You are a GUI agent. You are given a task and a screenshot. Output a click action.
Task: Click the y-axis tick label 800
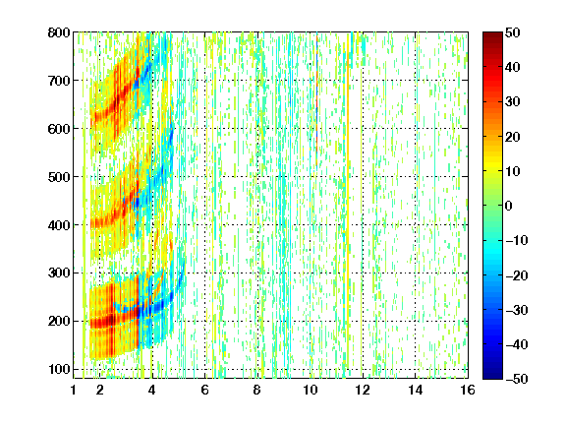(x=59, y=32)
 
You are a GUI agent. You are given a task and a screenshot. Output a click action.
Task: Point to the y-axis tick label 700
(x=59, y=81)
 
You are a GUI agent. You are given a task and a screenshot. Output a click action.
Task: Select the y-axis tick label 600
(x=59, y=129)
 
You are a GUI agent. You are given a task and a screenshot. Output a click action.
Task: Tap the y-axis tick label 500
(x=59, y=177)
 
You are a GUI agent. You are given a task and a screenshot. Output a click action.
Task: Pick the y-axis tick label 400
(x=59, y=225)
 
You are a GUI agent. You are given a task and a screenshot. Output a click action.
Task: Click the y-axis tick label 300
(x=59, y=273)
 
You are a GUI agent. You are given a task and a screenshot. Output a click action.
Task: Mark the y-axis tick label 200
(x=59, y=321)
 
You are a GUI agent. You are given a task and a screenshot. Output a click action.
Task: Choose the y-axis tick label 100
(x=59, y=369)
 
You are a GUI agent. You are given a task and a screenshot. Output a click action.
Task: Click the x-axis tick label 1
(x=74, y=390)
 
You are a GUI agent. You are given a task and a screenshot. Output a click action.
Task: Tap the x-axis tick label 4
(x=152, y=390)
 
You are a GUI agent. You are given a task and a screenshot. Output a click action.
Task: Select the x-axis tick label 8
(x=257, y=390)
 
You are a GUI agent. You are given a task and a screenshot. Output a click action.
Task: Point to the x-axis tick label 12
(x=363, y=390)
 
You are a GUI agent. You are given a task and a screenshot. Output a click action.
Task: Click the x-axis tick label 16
(x=468, y=390)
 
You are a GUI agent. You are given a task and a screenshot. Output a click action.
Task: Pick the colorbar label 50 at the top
(x=513, y=32)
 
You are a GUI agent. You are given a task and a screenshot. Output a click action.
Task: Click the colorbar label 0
(x=509, y=206)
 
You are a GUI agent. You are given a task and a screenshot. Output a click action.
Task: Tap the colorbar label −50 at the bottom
(x=517, y=379)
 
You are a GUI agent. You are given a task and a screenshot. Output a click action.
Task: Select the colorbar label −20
(x=517, y=275)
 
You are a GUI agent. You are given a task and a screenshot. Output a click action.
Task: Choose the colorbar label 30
(x=513, y=101)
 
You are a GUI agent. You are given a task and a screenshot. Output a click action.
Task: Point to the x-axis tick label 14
(x=415, y=390)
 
